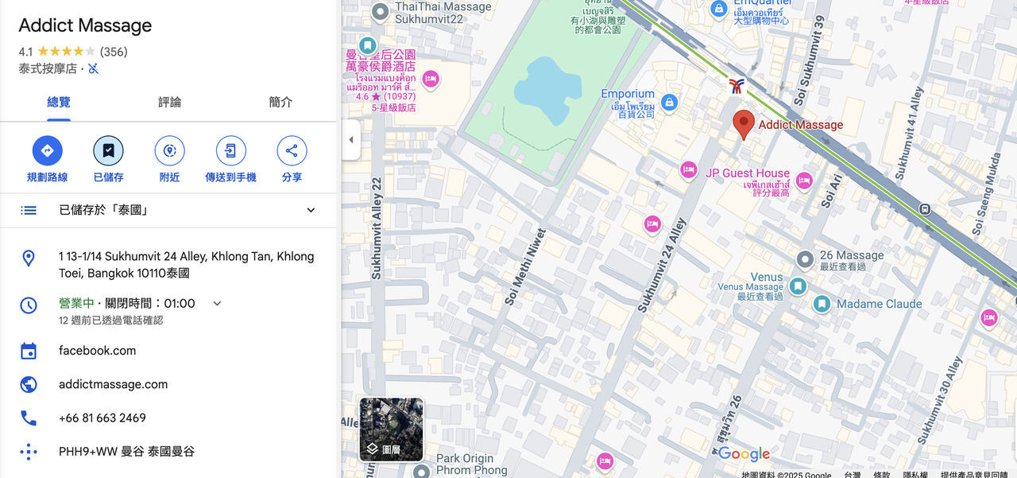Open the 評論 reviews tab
pos(169,102)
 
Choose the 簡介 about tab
pos(280,102)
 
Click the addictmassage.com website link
pos(113,384)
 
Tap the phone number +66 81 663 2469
pos(102,418)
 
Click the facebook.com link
pos(97,351)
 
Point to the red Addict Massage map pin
pos(743,124)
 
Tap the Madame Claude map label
pos(879,304)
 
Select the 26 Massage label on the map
pos(851,255)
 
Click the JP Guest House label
pos(747,173)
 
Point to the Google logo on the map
pos(744,454)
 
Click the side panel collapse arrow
pos(350,140)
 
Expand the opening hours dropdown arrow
pos(217,303)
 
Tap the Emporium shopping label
pos(628,94)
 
